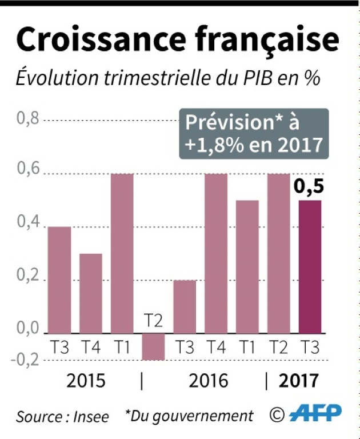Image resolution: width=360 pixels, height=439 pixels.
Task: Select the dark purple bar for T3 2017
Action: [310, 266]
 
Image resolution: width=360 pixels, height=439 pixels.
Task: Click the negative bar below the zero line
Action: [153, 346]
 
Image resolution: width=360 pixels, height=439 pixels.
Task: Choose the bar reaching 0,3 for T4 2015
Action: [90, 293]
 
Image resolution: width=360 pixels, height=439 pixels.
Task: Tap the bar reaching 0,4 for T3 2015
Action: [59, 280]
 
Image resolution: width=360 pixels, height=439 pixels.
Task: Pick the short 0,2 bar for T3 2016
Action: [185, 306]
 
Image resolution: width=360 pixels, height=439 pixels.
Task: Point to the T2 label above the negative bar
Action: [153, 320]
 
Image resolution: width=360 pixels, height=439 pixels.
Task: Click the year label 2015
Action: [86, 381]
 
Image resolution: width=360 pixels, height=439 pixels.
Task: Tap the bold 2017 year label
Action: [298, 381]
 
